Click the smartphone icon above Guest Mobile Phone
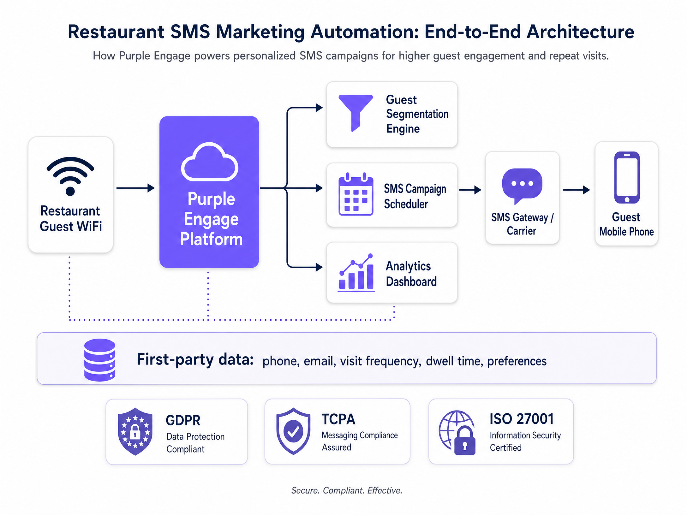(627, 177)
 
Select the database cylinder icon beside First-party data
(100, 360)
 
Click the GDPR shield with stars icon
(135, 431)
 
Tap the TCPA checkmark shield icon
(293, 431)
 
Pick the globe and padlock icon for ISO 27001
(457, 432)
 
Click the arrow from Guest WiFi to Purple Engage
(135, 188)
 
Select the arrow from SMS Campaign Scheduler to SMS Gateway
(470, 190)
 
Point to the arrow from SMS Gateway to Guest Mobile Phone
(576, 190)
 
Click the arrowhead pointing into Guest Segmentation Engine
(319, 108)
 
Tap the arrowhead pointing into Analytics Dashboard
(319, 267)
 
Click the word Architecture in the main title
(580, 32)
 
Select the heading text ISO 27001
(522, 419)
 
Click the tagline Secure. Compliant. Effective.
(347, 490)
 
